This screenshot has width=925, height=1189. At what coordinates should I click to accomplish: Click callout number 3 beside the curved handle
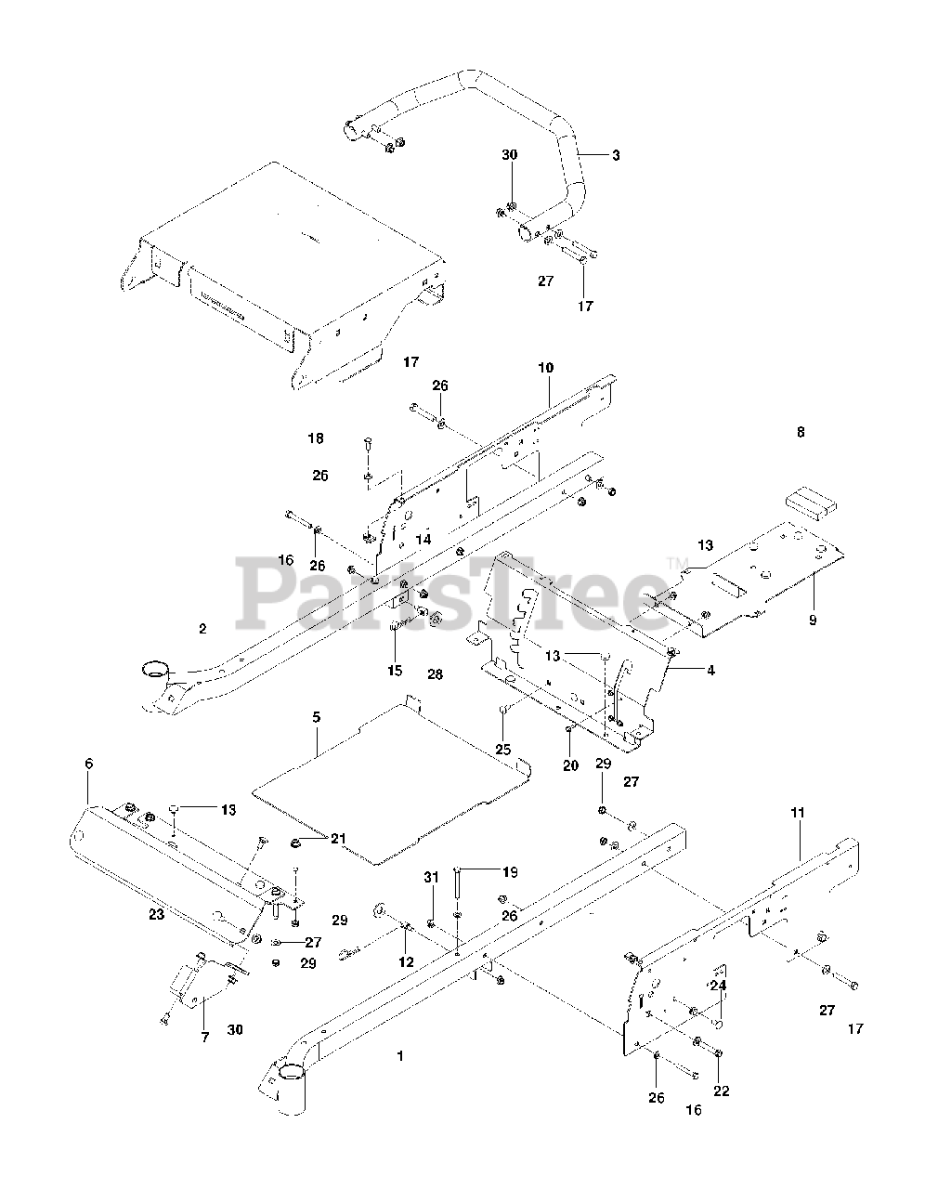(x=616, y=155)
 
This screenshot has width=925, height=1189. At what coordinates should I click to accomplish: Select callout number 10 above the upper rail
(x=545, y=368)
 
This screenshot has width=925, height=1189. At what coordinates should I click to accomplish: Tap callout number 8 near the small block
(x=801, y=432)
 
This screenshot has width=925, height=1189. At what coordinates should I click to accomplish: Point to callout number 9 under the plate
(x=813, y=619)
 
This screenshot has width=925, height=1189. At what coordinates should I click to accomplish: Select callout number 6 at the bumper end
(x=89, y=764)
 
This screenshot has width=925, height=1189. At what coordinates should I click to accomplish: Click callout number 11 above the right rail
(x=799, y=813)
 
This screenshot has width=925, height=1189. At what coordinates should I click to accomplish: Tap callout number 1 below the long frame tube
(x=400, y=1056)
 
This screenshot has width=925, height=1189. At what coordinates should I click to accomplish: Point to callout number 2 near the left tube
(x=202, y=629)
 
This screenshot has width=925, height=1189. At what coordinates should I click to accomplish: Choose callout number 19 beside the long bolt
(x=510, y=871)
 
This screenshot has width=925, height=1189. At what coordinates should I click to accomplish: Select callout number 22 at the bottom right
(x=721, y=1091)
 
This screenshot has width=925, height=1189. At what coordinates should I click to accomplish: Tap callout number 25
(x=503, y=749)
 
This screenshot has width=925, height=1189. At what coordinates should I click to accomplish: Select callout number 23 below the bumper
(x=156, y=914)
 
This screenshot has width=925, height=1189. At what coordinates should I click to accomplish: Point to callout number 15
(x=396, y=671)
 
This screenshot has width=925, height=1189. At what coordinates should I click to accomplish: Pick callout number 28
(x=435, y=673)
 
